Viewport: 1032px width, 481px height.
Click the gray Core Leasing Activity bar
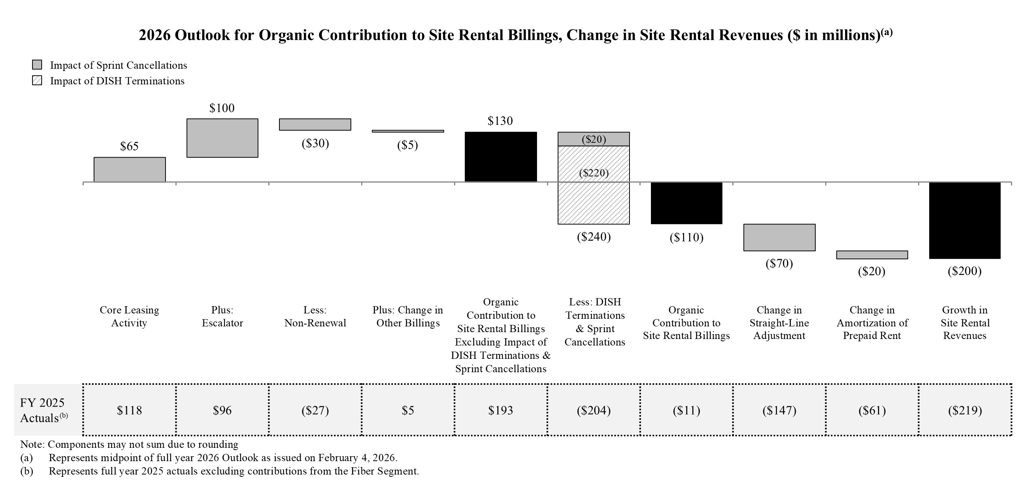pos(130,169)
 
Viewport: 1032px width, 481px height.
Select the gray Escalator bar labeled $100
pos(222,138)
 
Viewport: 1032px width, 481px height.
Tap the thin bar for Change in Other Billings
pos(407,131)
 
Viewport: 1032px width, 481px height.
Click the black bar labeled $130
pos(500,157)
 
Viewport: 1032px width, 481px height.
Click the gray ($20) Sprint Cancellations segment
pos(593,139)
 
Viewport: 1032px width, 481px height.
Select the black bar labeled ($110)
pos(686,203)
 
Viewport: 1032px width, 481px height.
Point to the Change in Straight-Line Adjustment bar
pos(779,237)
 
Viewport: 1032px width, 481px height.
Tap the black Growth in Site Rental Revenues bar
pos(965,221)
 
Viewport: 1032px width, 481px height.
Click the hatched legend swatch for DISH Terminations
pos(37,81)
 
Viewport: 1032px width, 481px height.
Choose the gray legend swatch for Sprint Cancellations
pos(37,65)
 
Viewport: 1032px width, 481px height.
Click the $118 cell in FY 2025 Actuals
pos(130,410)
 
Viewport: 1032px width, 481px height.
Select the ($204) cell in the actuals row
pos(593,410)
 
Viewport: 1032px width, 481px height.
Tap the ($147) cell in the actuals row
pos(779,410)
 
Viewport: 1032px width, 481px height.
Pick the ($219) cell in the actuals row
pos(965,410)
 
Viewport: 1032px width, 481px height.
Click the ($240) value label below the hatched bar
pos(593,237)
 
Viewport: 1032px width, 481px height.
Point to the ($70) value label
pos(779,263)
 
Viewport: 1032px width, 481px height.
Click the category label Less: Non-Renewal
pos(315,316)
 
